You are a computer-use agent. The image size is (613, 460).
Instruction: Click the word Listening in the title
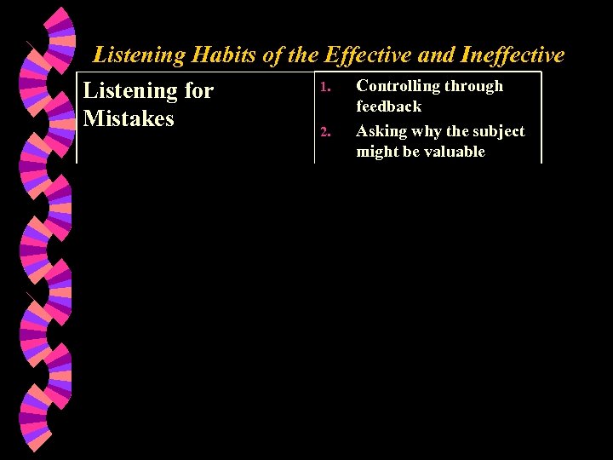tap(139, 55)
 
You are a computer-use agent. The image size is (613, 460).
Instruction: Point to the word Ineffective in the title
tap(512, 55)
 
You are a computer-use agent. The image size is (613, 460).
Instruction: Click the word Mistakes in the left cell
tap(129, 118)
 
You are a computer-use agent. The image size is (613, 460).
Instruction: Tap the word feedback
tap(388, 106)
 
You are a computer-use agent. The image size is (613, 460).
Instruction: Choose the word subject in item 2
tap(498, 131)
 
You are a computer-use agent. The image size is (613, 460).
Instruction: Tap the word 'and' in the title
tap(434, 55)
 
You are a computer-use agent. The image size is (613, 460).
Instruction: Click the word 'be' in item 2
tap(410, 152)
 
